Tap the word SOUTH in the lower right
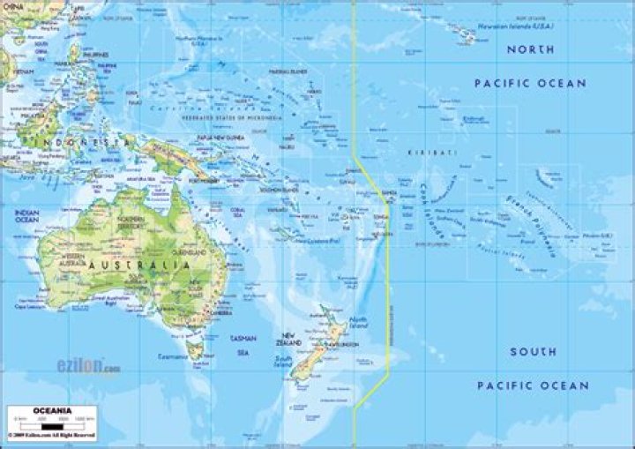coord(532,351)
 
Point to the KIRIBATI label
coord(428,153)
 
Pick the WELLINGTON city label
coord(345,344)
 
